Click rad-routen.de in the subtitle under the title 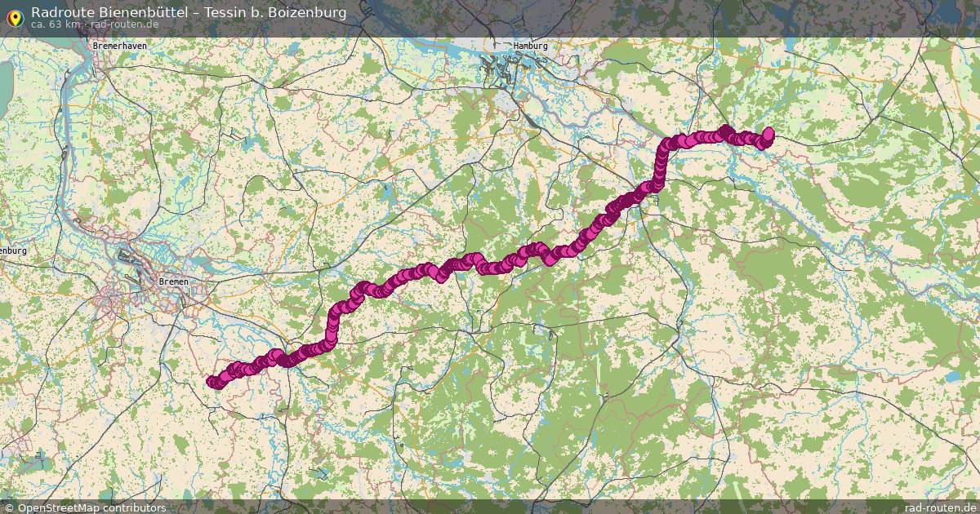123,24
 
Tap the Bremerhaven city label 120,47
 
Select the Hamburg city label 530,47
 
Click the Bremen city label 173,281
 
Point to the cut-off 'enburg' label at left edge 13,251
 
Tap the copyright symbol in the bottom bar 8,507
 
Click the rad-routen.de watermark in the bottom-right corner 940,507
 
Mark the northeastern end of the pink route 768,133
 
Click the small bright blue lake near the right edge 954,378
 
